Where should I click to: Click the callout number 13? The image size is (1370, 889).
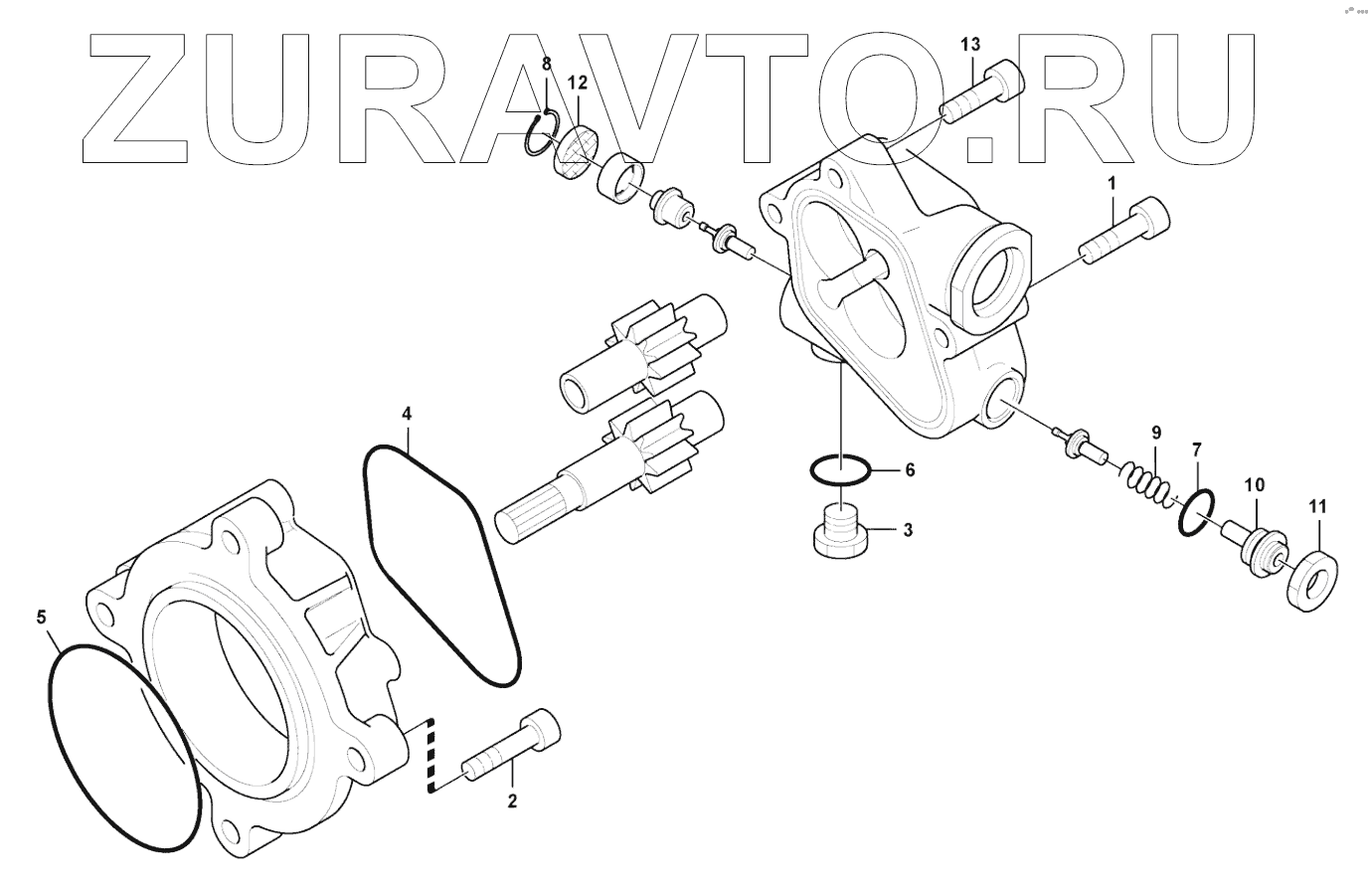[x=970, y=44]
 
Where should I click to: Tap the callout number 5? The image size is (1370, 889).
[x=41, y=618]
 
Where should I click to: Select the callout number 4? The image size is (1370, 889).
[x=407, y=412]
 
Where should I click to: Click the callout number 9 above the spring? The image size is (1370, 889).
[x=1156, y=433]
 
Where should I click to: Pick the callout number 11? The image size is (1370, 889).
[x=1316, y=507]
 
